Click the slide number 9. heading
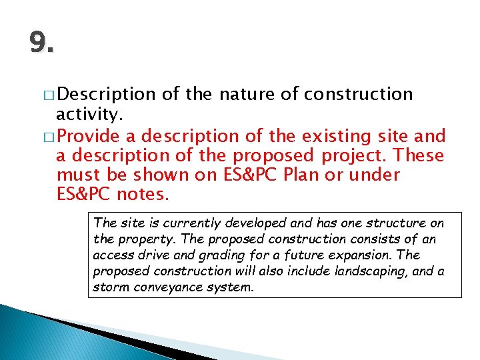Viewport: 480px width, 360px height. pyautogui.click(x=41, y=44)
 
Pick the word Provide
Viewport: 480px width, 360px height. pyautogui.click(x=90, y=137)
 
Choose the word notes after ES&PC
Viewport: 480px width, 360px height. pyautogui.click(x=143, y=195)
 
